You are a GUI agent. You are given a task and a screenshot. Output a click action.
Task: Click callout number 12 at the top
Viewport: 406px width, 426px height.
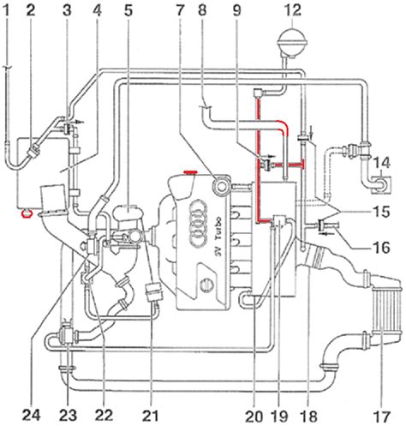(293, 11)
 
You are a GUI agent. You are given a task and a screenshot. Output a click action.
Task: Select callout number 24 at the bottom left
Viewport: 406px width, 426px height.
(32, 415)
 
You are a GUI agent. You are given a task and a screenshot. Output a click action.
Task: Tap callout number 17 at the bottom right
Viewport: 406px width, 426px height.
(382, 416)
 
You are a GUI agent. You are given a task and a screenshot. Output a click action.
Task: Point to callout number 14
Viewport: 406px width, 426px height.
(382, 164)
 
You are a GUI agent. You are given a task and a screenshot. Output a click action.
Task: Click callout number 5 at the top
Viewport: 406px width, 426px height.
(128, 11)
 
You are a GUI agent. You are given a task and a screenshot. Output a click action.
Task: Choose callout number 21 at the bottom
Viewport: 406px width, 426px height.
(152, 415)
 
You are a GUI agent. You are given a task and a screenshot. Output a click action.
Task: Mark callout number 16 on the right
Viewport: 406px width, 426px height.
(381, 247)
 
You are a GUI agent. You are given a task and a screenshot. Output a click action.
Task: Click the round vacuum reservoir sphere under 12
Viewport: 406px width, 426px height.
(292, 41)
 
